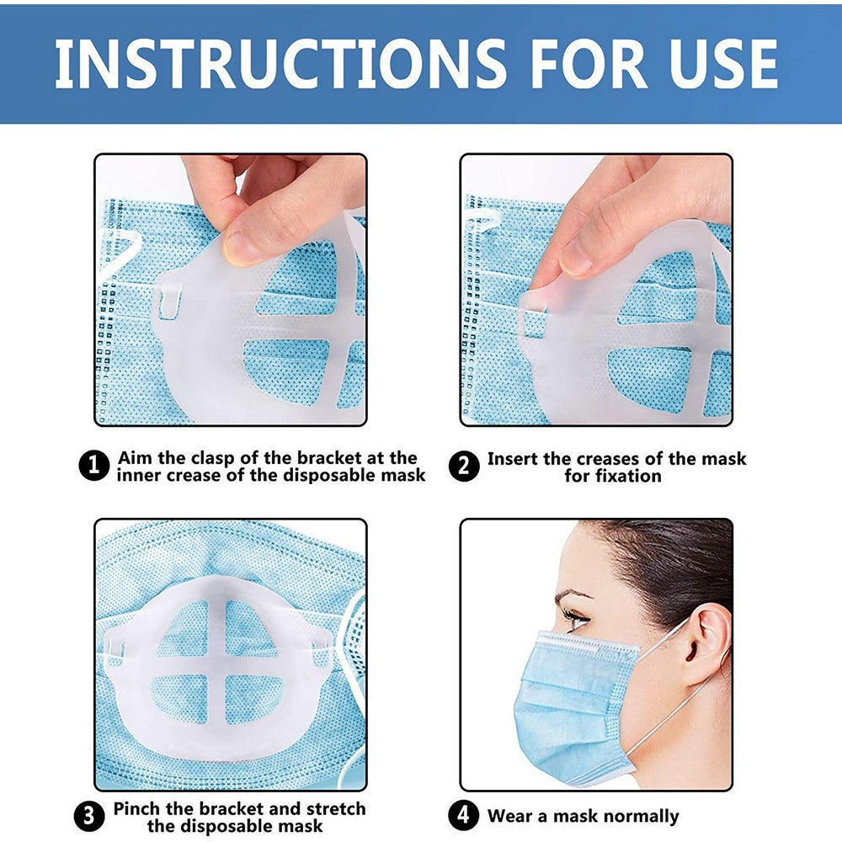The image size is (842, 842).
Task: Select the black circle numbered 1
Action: tap(93, 466)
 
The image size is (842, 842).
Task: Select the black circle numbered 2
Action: tap(463, 466)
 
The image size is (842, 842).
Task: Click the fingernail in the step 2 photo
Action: tap(578, 260)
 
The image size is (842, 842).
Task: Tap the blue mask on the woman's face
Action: tap(573, 699)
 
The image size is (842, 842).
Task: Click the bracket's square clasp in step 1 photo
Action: tap(169, 301)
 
